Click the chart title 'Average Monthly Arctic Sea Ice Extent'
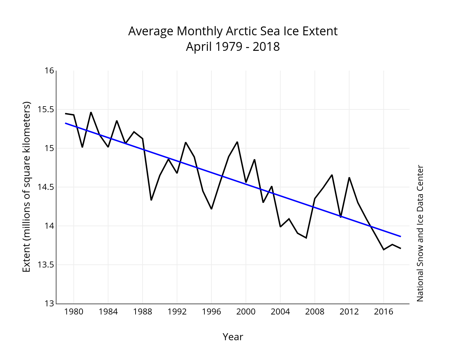233,31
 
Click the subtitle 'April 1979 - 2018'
233,47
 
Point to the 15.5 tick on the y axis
46,109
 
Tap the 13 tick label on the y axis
49,304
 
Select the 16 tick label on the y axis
49,71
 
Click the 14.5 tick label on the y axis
46,187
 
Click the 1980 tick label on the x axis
74,312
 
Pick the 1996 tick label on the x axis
211,312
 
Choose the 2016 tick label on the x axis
383,312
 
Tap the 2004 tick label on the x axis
280,312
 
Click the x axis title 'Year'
233,337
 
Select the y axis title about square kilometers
26,187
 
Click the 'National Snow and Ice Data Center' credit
420,233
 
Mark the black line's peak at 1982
91,112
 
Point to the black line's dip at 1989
151,200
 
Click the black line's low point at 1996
211,209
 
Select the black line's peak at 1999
237,142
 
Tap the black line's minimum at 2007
306,238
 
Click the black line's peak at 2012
349,178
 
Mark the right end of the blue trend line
401,236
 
